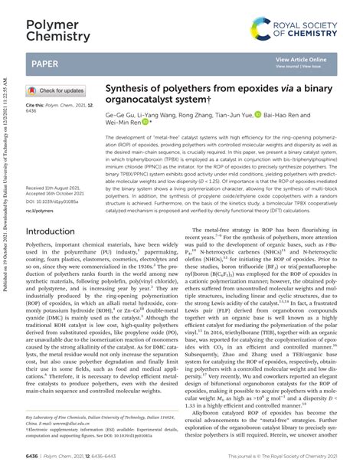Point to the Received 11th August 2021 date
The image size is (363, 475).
click(59, 166)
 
